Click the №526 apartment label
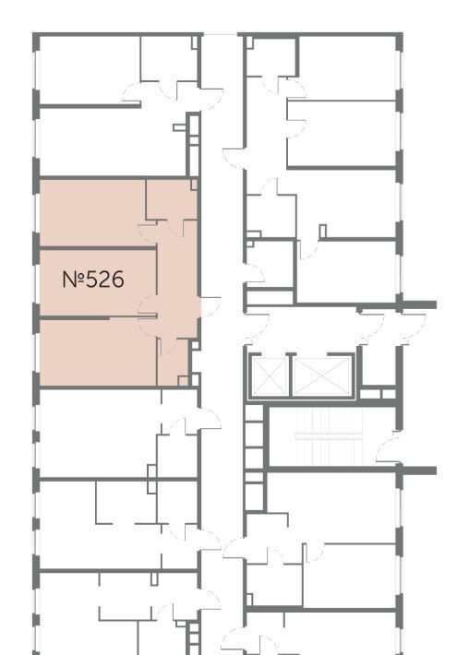click(x=93, y=279)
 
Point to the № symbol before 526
click(x=73, y=279)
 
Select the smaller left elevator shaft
click(x=269, y=375)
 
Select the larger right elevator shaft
click(x=322, y=375)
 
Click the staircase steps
click(x=329, y=435)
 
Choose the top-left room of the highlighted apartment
click(x=92, y=212)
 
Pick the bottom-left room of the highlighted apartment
click(x=98, y=352)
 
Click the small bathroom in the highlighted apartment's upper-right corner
click(x=172, y=199)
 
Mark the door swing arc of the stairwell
click(x=387, y=447)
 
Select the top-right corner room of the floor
click(x=347, y=67)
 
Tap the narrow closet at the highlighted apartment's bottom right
click(x=173, y=362)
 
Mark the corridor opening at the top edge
click(x=221, y=34)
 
